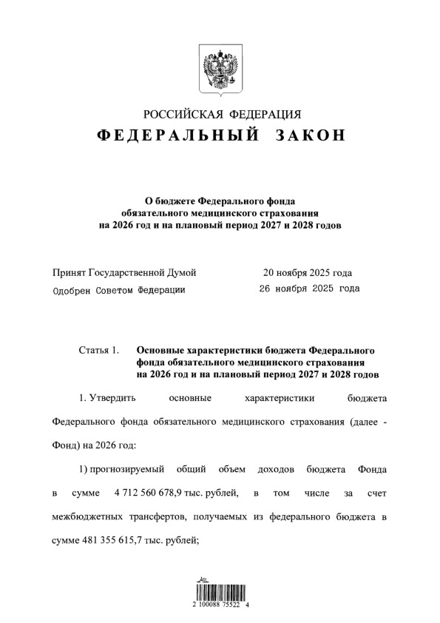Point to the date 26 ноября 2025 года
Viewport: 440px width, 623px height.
(309, 289)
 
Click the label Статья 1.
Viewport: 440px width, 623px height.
(98, 349)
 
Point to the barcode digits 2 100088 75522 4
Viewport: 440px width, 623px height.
(220, 605)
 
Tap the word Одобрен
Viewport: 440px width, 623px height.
(73, 289)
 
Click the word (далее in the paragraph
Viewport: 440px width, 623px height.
(356, 422)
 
